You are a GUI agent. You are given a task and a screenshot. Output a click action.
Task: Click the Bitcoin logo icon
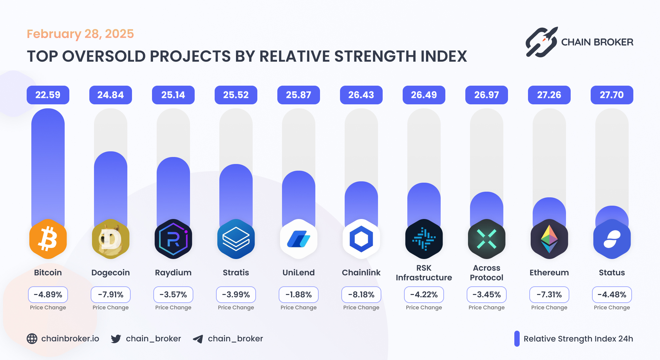coord(48,239)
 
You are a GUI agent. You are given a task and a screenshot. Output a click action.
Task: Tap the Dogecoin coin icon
coord(111,239)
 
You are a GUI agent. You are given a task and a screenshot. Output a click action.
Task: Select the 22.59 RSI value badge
coord(48,95)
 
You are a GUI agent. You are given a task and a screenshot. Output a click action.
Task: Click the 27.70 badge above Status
coord(612,95)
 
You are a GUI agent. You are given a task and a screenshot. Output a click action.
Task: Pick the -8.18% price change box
coord(361,295)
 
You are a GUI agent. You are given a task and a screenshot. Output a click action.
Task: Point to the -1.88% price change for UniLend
coord(298,295)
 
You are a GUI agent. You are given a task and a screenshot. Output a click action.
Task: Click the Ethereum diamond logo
coord(549,239)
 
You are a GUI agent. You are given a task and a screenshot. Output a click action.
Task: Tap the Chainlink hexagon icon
coord(361,239)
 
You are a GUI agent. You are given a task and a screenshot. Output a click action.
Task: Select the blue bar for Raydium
coord(173,190)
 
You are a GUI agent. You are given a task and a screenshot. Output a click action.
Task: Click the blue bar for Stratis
coord(236,193)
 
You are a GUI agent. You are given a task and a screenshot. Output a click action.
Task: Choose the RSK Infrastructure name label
coord(424,273)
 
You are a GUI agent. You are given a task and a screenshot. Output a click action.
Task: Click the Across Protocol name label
coord(486,273)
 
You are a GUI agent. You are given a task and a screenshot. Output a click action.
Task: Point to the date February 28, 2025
coord(80,34)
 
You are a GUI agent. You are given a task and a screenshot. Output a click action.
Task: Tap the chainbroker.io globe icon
coord(32,339)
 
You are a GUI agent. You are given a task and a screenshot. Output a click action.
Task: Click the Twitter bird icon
coord(116,339)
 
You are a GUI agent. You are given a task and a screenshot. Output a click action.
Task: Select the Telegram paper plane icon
coord(198,339)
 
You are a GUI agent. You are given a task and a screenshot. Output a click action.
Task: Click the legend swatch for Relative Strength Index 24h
coord(517,339)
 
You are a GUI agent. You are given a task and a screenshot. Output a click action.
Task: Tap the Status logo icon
coord(612,239)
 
